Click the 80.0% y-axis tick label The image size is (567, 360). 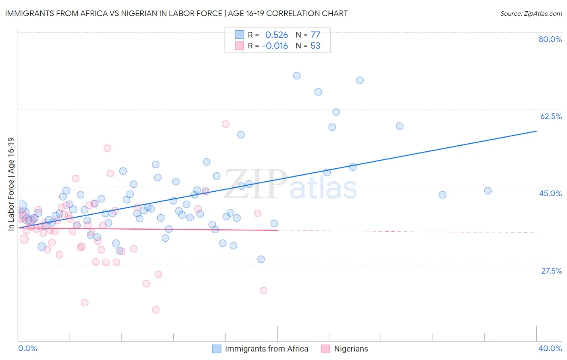click(x=550, y=39)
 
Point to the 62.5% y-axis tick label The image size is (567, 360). click(x=551, y=116)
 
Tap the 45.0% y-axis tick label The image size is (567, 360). click(x=550, y=193)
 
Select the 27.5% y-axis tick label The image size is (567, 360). click(x=551, y=271)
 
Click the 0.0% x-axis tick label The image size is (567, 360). click(x=28, y=348)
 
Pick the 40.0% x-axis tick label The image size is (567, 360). click(x=550, y=348)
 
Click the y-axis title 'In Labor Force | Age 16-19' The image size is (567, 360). click(x=11, y=184)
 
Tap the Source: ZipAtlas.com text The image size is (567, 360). click(x=531, y=13)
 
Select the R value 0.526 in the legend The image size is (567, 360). click(x=276, y=35)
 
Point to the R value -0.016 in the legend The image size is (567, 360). click(x=275, y=46)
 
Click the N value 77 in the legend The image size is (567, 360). click(x=315, y=35)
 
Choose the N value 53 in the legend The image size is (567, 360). click(x=315, y=46)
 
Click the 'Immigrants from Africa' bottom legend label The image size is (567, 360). click(x=266, y=349)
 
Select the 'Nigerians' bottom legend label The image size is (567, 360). click(x=351, y=349)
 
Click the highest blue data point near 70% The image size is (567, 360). click(x=297, y=75)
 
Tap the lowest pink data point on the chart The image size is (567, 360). click(x=156, y=310)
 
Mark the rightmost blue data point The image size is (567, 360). click(x=488, y=190)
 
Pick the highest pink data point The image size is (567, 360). click(x=226, y=124)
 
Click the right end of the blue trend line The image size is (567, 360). click(x=536, y=131)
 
